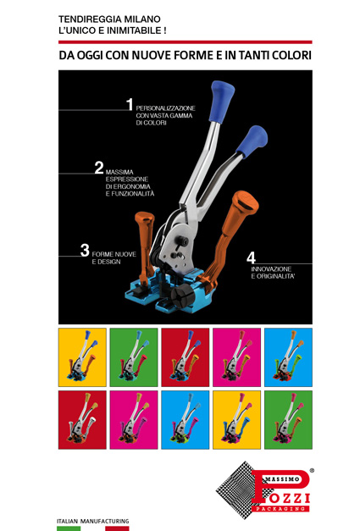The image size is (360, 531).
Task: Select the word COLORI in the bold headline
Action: (291, 55)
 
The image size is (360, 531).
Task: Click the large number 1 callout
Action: (130, 104)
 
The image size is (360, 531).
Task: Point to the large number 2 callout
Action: (99, 168)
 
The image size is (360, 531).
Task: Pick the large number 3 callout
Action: (85, 251)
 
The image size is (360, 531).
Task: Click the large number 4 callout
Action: (251, 258)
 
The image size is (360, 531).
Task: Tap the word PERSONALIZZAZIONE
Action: (166, 108)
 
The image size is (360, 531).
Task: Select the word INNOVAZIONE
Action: (271, 268)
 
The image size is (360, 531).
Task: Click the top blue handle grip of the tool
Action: (221, 101)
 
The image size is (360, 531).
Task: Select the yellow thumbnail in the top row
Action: (82, 357)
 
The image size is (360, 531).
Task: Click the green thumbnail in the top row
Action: (134, 357)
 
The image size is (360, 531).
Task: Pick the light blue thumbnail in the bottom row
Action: (186, 420)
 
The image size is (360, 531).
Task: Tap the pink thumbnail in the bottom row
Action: (134, 420)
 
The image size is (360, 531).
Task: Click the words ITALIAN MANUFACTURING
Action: (93, 521)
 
